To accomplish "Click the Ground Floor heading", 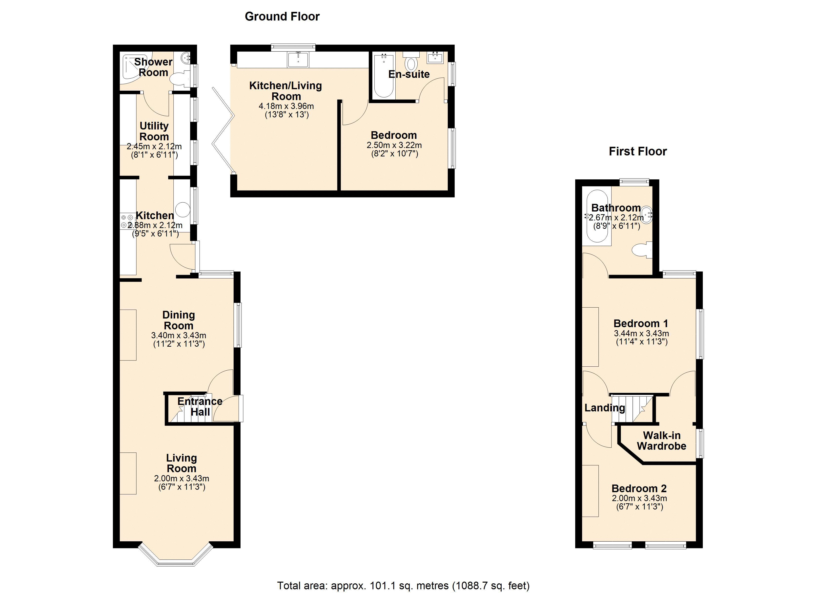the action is pyautogui.click(x=282, y=17).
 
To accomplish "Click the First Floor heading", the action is pyautogui.click(x=638, y=151).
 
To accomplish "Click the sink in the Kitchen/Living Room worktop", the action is pyautogui.click(x=298, y=59).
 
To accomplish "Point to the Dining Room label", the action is pyautogui.click(x=179, y=320).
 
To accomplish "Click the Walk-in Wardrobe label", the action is pyautogui.click(x=662, y=441).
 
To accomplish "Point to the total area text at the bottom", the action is pyautogui.click(x=403, y=585).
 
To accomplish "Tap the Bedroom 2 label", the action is pyautogui.click(x=639, y=488).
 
